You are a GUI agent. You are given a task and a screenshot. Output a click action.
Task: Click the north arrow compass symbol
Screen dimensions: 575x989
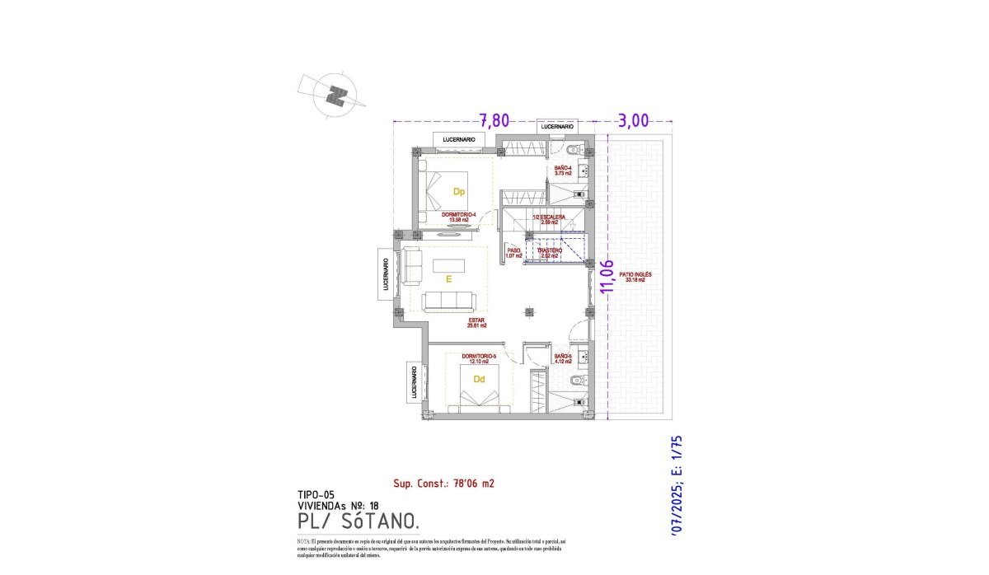(334, 96)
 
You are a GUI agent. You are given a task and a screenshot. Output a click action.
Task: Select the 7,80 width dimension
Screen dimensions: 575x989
(494, 120)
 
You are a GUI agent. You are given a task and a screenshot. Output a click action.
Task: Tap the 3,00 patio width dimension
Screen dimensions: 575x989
(633, 120)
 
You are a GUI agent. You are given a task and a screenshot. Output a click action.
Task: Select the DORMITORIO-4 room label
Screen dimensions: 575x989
(459, 217)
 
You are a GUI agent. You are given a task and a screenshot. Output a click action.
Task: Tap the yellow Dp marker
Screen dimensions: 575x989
(459, 191)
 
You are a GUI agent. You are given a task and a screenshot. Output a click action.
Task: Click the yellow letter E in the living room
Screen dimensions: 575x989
(448, 279)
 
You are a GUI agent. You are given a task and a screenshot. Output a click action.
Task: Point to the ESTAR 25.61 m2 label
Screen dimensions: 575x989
(476, 322)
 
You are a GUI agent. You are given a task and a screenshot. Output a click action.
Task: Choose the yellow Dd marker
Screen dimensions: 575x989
(478, 379)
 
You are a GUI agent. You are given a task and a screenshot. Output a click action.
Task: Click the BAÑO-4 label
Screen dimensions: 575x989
(564, 171)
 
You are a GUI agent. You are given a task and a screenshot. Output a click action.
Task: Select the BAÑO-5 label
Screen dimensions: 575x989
(564, 358)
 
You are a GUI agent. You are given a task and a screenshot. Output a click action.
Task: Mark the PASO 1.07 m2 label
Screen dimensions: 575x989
(513, 253)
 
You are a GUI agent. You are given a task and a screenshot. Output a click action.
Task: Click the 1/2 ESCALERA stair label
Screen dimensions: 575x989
(549, 219)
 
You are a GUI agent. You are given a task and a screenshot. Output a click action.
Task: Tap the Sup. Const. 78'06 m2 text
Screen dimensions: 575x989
(443, 484)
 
